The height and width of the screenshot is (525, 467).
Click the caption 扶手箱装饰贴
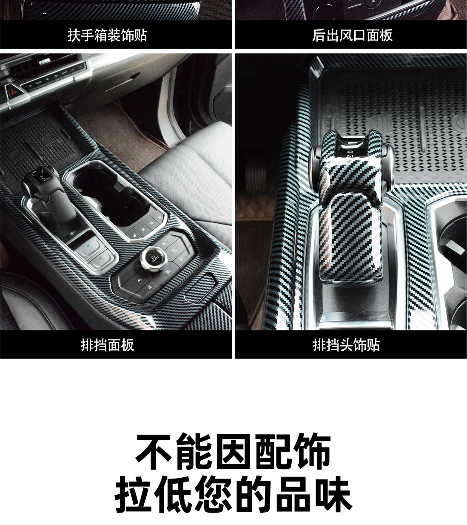pos(107,35)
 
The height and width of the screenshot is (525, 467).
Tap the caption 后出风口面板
pos(353,35)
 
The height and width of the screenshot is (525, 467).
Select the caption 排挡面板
pos(107,345)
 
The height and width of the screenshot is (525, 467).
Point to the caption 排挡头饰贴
pos(347,345)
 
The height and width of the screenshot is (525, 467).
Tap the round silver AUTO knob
pos(153,258)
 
